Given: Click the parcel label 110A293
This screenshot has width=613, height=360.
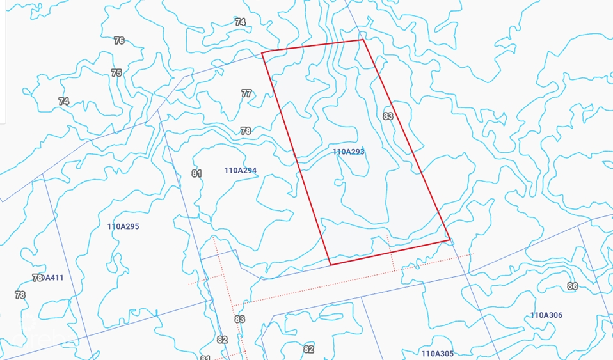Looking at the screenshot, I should coord(348,152).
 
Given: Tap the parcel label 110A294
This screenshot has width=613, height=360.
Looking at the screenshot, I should coord(240,171).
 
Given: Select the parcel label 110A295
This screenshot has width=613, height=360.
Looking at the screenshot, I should coord(123,226).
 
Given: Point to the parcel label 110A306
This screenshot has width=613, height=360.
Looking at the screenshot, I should coord(546,315).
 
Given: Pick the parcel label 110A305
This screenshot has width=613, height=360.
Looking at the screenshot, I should coord(437,353).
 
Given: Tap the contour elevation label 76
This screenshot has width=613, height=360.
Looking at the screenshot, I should coord(119,40).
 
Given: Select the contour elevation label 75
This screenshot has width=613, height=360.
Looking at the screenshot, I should coord(116,73).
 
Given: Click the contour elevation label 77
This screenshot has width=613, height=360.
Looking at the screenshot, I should coord(246,93).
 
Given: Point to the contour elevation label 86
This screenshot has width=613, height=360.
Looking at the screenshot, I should coord(572,286).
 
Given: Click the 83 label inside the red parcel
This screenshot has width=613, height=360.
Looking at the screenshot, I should coord(388,116).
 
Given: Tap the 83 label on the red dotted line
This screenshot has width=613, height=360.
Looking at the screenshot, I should coord(239,319).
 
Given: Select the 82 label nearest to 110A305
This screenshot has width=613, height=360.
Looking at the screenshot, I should coord(308,349).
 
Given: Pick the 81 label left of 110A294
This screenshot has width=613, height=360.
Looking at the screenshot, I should coord(196,173).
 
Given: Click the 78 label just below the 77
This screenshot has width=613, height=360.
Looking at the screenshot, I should coord(246,130).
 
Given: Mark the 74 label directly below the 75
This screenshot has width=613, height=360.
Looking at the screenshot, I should coord(63,101).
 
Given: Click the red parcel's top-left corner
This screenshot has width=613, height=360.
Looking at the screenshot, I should coord(262,52).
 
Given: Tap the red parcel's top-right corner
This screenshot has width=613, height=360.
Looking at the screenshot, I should coord(363,40).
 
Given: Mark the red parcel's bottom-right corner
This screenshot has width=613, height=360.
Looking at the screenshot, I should coord(450,240).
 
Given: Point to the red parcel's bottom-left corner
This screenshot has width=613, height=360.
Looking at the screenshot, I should coord(330,264).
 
